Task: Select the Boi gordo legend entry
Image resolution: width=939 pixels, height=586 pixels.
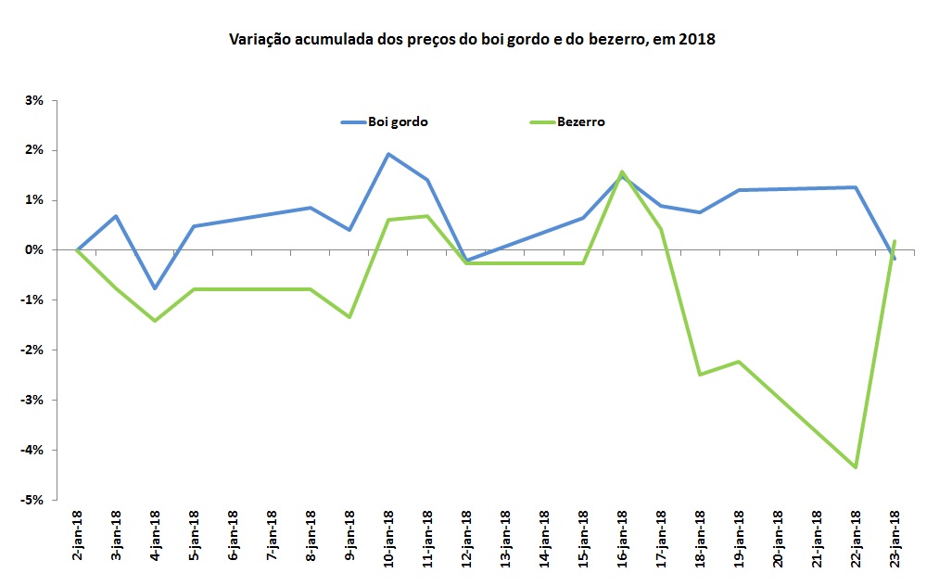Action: [x=397, y=121]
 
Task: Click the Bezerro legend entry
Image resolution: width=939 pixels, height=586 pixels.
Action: [x=581, y=121]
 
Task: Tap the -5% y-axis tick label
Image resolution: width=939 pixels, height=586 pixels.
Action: [x=33, y=500]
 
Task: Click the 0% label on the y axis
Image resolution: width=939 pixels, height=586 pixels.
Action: [x=35, y=250]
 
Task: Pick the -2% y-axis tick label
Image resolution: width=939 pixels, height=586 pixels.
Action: [x=33, y=350]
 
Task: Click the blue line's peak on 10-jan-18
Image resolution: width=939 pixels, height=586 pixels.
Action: [x=388, y=154]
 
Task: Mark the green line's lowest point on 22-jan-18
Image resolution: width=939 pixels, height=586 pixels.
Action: [x=856, y=467]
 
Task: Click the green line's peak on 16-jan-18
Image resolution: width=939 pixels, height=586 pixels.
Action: [x=622, y=172]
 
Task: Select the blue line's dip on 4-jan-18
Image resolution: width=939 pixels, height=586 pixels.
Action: [x=155, y=288]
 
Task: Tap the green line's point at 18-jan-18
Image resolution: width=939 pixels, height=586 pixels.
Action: [x=700, y=375]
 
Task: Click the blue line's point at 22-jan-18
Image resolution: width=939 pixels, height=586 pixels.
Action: [x=856, y=187]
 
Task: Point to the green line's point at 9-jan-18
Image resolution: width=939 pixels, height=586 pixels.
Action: [x=349, y=317]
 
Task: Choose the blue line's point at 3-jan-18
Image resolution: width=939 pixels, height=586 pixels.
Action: [x=116, y=216]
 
